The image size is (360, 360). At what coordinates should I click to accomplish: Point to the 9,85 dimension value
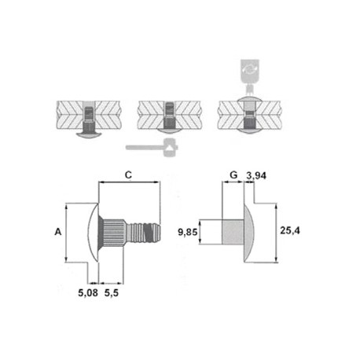pyautogui.click(x=187, y=232)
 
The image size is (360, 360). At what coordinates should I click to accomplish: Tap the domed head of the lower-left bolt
pyautogui.click(x=93, y=233)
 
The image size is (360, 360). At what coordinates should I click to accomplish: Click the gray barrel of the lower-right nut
pyautogui.click(x=233, y=233)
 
